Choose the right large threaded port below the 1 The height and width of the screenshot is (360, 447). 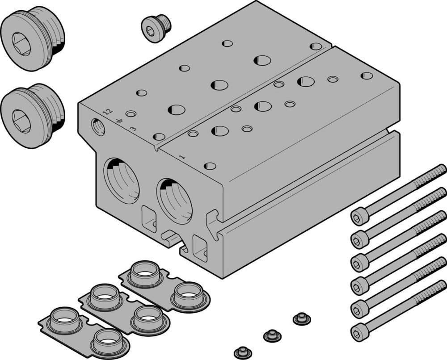(x=175, y=201)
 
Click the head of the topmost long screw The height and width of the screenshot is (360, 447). (x=359, y=218)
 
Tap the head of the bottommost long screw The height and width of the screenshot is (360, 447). (x=359, y=332)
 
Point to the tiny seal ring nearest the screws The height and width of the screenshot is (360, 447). (x=302, y=319)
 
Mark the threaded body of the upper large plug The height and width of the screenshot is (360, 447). (x=54, y=36)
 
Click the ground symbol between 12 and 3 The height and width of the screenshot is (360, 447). (x=119, y=121)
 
